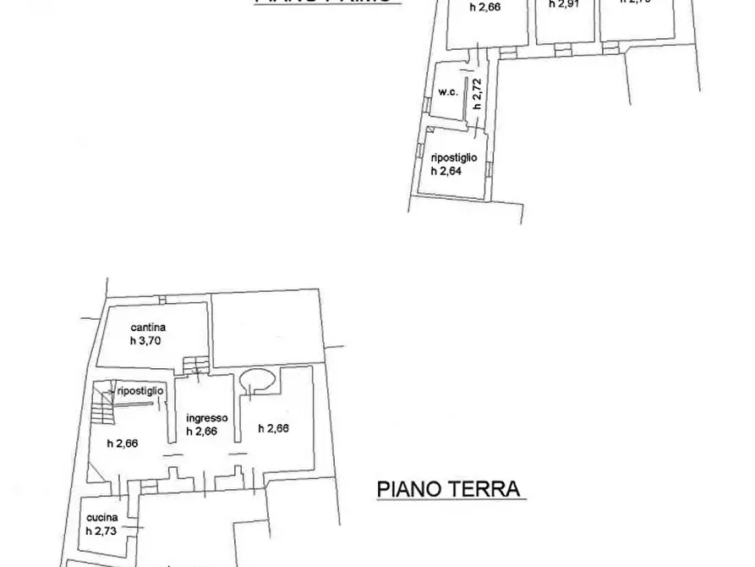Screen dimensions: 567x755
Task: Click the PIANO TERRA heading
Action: click(x=446, y=490)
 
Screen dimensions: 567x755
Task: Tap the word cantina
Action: click(x=147, y=327)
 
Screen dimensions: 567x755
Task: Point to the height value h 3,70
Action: click(x=146, y=340)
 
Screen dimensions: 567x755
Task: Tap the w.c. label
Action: click(x=448, y=92)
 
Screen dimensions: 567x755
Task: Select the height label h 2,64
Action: click(x=448, y=170)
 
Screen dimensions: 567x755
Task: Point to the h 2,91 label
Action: click(x=564, y=3)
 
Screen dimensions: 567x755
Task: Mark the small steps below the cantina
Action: click(x=194, y=365)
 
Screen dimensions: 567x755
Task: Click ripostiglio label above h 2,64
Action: click(x=454, y=157)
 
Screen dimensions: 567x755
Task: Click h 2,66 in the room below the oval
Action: click(x=273, y=428)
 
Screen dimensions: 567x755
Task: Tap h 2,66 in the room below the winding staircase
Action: click(x=123, y=443)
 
